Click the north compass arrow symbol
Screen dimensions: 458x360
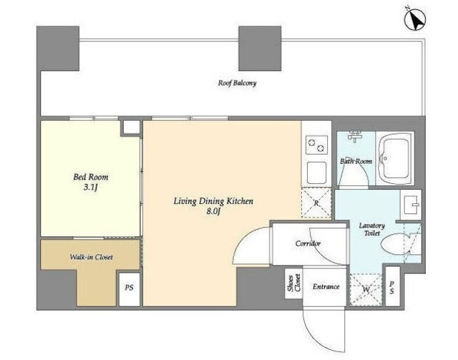[x=415, y=19]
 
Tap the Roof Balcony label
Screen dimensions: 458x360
[x=237, y=83]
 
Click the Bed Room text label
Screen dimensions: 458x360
[x=91, y=177]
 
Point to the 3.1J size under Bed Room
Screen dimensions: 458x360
[x=90, y=188]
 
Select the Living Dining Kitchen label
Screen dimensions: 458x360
[x=213, y=201]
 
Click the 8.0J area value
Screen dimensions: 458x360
[x=213, y=211]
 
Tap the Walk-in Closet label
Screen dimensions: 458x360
[x=91, y=257]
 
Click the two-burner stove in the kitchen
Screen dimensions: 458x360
[x=316, y=145]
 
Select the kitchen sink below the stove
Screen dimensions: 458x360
[x=316, y=173]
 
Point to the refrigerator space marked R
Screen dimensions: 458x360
[x=316, y=203]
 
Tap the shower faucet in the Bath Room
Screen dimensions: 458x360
[x=355, y=136]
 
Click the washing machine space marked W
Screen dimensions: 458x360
[x=366, y=290]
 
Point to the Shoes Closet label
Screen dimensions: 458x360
[x=294, y=283]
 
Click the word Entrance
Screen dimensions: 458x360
[x=326, y=287]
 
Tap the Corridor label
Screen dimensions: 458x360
[x=308, y=243]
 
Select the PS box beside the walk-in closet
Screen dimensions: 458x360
[x=130, y=288]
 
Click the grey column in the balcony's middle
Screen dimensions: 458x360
[x=260, y=48]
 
